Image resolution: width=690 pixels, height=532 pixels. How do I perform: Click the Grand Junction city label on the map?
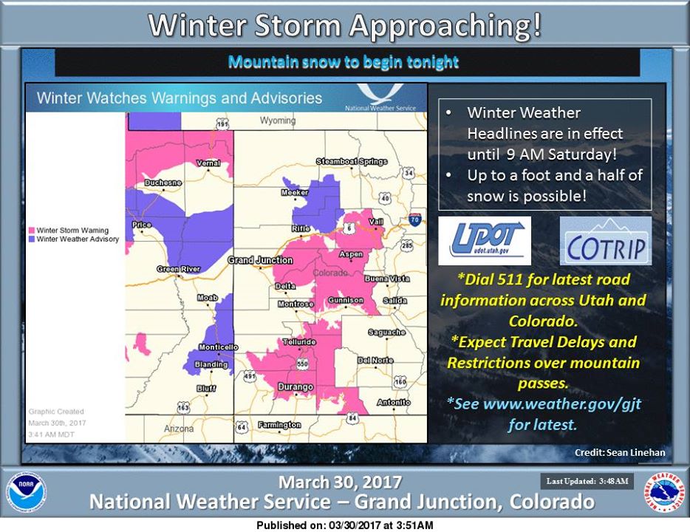click(260, 260)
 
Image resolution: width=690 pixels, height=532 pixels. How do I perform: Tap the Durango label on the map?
click(296, 386)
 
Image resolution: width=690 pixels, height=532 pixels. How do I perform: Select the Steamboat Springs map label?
click(352, 162)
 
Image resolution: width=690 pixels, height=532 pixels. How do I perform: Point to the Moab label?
click(208, 298)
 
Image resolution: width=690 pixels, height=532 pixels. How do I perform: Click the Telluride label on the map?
click(299, 342)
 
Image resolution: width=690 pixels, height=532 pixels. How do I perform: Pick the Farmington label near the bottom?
click(279, 425)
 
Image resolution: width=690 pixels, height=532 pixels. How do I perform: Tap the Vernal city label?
click(208, 163)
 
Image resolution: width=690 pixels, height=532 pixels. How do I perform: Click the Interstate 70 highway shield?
click(414, 219)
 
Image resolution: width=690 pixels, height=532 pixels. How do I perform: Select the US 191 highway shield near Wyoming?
click(222, 125)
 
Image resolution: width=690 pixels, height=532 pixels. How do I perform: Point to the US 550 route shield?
click(302, 364)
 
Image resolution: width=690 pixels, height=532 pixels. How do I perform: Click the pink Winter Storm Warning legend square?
click(32, 231)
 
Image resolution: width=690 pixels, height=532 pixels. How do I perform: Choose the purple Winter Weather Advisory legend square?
click(32, 239)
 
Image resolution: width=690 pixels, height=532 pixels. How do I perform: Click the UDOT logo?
click(485, 241)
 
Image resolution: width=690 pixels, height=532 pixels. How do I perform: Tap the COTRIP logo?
click(606, 241)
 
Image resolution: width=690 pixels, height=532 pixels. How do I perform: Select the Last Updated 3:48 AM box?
click(587, 482)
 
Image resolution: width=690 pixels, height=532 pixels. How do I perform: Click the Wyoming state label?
click(278, 120)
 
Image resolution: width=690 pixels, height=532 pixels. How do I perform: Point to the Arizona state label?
click(179, 429)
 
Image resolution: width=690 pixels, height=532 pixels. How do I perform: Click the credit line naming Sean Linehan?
click(620, 452)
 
